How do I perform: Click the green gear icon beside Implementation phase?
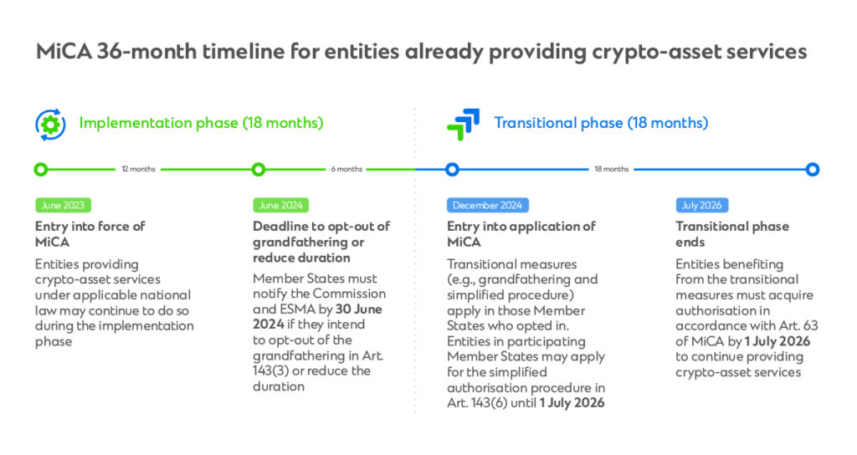click(50, 124)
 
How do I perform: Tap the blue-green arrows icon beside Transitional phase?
click(463, 124)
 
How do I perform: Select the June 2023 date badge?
click(63, 205)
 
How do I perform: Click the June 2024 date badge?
click(280, 205)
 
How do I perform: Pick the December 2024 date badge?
click(488, 205)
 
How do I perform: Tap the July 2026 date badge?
click(702, 205)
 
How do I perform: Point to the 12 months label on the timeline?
click(138, 170)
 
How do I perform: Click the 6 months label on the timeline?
click(346, 170)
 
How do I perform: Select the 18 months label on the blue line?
click(611, 170)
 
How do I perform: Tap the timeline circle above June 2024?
click(259, 170)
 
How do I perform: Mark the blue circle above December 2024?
click(452, 170)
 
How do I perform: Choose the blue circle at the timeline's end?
click(812, 170)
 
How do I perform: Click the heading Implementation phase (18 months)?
click(201, 123)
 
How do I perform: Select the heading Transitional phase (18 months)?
click(601, 123)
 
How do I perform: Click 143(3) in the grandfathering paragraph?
click(274, 371)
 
